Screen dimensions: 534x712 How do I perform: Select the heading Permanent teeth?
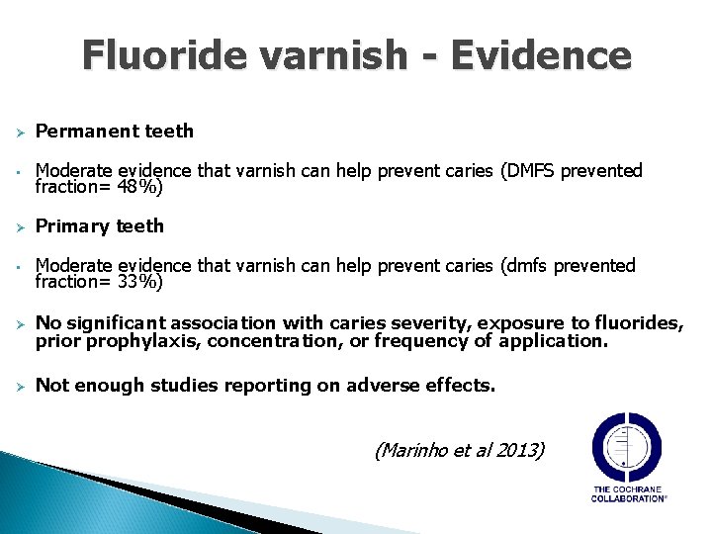point(115,132)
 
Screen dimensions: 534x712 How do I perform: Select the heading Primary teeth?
point(100,226)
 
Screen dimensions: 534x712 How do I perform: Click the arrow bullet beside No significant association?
point(17,323)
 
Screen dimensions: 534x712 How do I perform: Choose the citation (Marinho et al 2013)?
point(459,450)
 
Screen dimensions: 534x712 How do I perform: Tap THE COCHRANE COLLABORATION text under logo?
point(629,493)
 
